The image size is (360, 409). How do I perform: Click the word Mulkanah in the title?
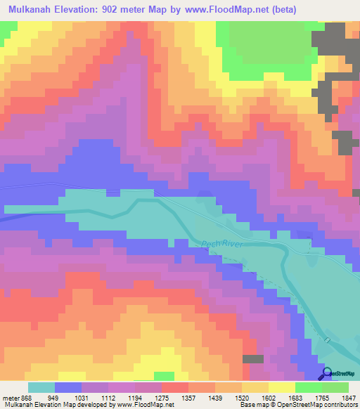[32, 10]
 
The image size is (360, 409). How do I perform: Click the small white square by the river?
[327, 340]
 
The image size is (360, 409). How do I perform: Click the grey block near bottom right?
[253, 358]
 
